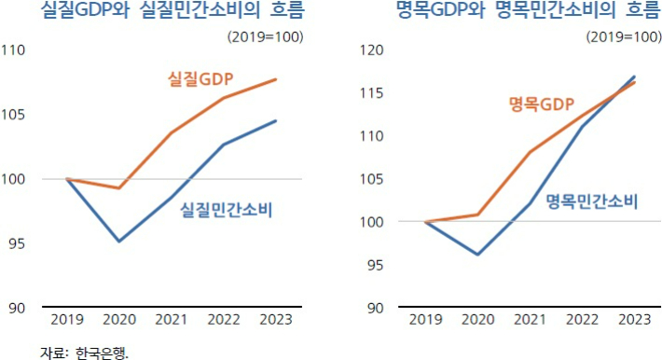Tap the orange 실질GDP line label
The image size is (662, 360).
tap(200, 78)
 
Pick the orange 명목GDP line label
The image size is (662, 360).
tap(541, 104)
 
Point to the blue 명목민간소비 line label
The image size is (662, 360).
tap(591, 201)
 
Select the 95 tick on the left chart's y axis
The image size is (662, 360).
tap(16, 244)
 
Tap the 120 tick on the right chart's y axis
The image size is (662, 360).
tap(372, 50)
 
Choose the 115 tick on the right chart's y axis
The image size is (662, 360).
tap(372, 93)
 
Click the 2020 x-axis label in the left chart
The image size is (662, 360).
tap(119, 320)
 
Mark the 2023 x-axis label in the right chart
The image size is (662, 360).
tap(635, 320)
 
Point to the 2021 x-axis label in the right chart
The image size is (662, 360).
tap(531, 320)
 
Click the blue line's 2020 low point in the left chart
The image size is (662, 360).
tap(119, 242)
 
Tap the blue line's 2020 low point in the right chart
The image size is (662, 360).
tap(478, 255)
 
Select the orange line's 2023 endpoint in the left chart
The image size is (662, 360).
tap(276, 79)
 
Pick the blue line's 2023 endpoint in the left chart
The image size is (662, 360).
tap(276, 120)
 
